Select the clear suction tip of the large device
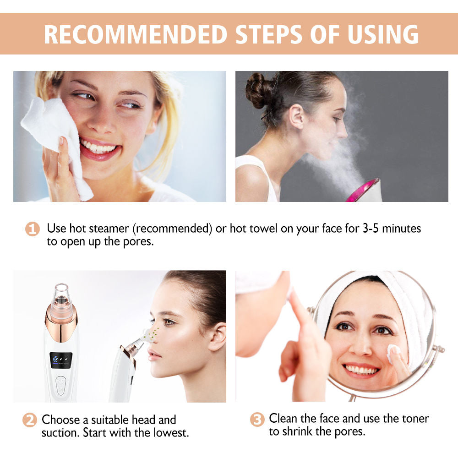click(61, 295)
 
